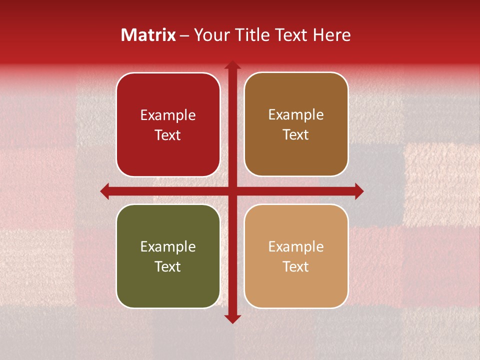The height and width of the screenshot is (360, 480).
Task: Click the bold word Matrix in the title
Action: pyautogui.click(x=148, y=35)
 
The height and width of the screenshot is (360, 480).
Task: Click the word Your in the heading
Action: pyautogui.click(x=210, y=35)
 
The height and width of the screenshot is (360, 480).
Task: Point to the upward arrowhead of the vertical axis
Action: pyautogui.click(x=232, y=65)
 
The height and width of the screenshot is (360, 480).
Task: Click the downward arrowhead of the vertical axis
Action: pyautogui.click(x=232, y=318)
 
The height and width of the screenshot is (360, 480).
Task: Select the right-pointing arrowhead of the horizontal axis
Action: pyautogui.click(x=359, y=191)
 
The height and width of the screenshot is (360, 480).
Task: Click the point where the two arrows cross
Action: pyautogui.click(x=232, y=191)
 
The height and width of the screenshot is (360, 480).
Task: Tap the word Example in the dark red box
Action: pyautogui.click(x=168, y=115)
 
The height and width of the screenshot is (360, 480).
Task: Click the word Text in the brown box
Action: pyautogui.click(x=296, y=135)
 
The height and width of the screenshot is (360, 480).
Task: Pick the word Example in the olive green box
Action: pyautogui.click(x=168, y=247)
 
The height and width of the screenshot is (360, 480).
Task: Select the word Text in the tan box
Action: pyautogui.click(x=296, y=267)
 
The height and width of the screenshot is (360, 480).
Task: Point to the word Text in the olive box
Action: pyautogui.click(x=168, y=267)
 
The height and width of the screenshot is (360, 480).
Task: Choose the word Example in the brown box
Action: pyautogui.click(x=296, y=115)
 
